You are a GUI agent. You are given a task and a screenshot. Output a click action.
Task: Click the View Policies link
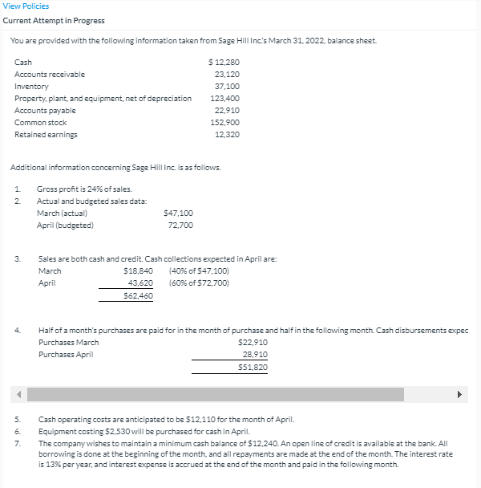tap(26, 6)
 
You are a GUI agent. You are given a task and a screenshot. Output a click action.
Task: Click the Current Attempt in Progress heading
tap(54, 20)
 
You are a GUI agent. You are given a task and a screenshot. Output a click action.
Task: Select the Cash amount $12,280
tap(223, 62)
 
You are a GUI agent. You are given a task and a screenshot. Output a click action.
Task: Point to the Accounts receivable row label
tap(50, 74)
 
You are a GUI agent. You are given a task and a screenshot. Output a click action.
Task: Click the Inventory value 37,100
tap(227, 86)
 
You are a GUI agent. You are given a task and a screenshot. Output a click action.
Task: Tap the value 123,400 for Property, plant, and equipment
tap(224, 98)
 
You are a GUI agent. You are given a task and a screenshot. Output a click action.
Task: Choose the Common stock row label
tap(41, 122)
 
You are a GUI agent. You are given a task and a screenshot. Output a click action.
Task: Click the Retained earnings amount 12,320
tap(227, 134)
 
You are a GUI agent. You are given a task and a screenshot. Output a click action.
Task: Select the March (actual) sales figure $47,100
tap(177, 213)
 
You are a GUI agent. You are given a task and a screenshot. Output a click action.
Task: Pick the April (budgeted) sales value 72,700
tap(180, 225)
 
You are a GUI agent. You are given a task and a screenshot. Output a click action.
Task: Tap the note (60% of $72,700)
tap(199, 283)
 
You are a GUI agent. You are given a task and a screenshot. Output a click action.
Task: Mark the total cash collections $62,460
tap(139, 296)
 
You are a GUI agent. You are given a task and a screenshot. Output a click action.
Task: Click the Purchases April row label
tap(67, 354)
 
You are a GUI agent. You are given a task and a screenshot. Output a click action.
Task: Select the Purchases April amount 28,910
tap(255, 354)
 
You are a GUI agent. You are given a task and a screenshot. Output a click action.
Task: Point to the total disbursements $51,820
tap(253, 367)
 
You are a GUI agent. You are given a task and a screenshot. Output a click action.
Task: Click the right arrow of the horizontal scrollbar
tap(460, 394)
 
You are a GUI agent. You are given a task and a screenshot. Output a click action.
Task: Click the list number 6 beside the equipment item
tap(18, 431)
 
